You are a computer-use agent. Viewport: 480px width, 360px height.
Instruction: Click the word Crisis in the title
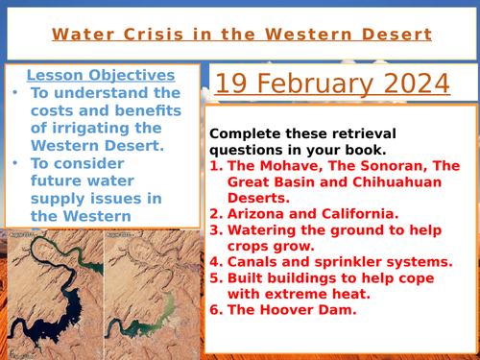[144, 35]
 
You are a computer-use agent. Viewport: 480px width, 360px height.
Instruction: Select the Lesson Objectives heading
[100, 75]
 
